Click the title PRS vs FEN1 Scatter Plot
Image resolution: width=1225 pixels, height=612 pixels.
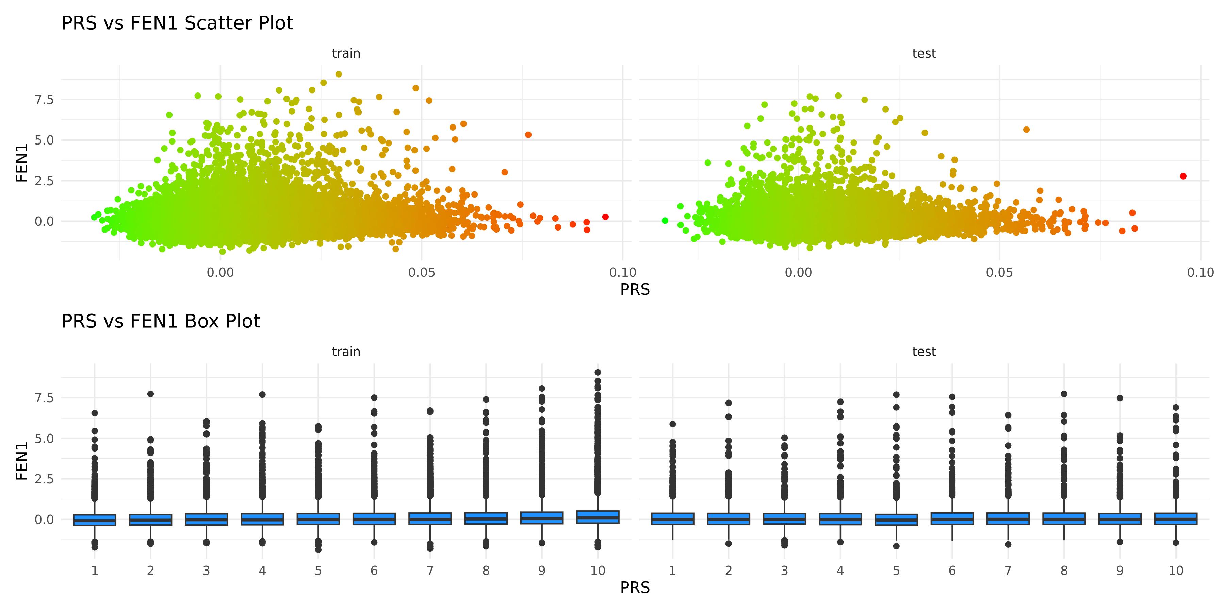(177, 23)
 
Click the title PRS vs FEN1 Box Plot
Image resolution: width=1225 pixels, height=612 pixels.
(161, 321)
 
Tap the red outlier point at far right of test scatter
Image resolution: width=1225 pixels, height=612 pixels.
(1183, 176)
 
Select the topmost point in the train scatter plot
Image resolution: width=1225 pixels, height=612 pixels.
(339, 74)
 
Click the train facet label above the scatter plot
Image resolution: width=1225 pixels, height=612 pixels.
(346, 53)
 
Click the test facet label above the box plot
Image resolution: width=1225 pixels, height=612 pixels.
(924, 352)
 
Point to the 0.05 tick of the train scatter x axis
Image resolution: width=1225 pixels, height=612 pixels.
(421, 273)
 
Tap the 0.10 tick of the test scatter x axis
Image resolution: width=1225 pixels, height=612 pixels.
(1200, 273)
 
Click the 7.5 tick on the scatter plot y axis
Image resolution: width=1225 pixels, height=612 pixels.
(44, 100)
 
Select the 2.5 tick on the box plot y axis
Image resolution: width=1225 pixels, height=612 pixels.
(44, 479)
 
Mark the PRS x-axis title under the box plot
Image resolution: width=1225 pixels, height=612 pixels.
(635, 588)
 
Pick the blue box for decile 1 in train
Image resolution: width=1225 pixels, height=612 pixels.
(95, 520)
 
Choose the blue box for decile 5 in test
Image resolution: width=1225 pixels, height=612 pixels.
(896, 519)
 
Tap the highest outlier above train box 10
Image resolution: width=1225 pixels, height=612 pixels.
(598, 373)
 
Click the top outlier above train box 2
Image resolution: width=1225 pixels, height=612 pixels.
(150, 394)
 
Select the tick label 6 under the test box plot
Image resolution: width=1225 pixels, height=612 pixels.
(952, 571)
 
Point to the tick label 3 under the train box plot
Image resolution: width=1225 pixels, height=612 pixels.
(207, 571)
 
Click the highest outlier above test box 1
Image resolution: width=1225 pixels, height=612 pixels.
(672, 424)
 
